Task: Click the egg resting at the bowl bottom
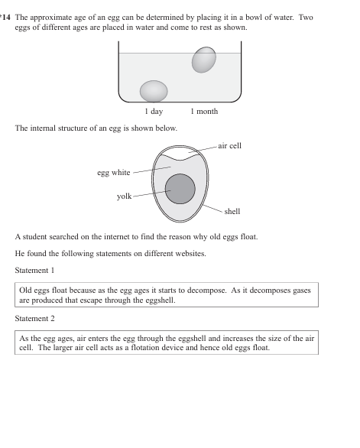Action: point(154,91)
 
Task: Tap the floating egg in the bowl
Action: point(203,60)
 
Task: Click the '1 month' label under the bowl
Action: point(204,112)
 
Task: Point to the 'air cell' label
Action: point(229,144)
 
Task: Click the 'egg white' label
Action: point(113,172)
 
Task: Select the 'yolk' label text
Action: point(124,196)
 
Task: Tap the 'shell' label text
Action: point(233,212)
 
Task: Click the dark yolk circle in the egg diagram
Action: point(180,188)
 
